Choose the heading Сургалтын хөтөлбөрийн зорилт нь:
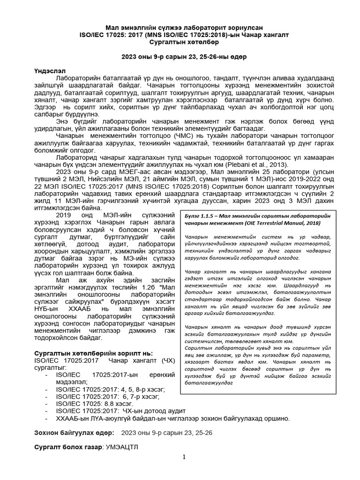pos(94,352)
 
